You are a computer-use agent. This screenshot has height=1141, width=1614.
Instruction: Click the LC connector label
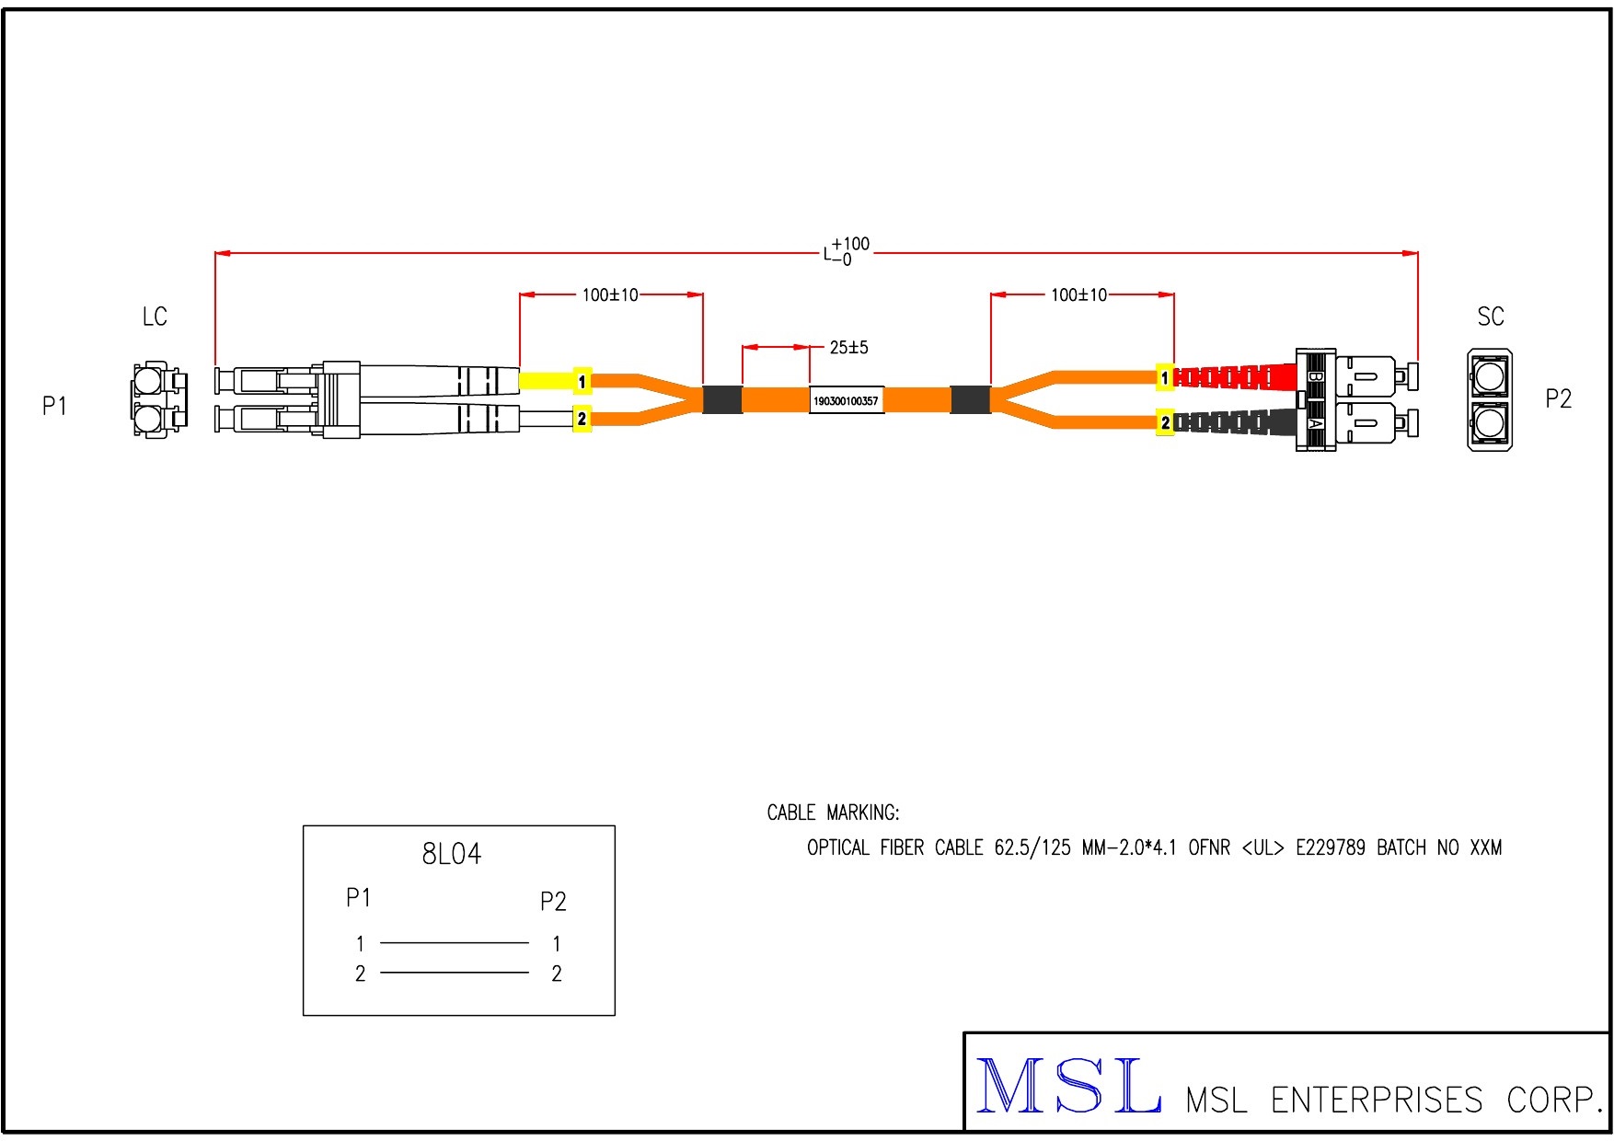click(155, 317)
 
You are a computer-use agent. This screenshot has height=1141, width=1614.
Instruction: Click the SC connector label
click(1490, 317)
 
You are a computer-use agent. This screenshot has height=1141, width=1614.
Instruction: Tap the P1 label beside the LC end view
click(54, 406)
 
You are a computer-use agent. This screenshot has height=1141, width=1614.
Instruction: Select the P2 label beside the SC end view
click(1558, 398)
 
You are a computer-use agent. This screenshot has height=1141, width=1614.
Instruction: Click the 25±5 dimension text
click(848, 348)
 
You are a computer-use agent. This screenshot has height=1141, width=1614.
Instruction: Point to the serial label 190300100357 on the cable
click(846, 401)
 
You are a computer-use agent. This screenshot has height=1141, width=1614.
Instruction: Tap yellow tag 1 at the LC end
click(582, 381)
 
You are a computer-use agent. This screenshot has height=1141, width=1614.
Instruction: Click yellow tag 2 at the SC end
click(1165, 423)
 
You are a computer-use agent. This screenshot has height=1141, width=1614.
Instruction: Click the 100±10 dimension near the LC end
click(610, 295)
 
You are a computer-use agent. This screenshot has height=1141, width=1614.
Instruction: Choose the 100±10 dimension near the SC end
click(1079, 295)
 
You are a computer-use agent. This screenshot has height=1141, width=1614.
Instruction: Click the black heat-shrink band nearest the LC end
click(722, 399)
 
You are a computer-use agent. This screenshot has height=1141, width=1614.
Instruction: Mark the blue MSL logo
click(1067, 1087)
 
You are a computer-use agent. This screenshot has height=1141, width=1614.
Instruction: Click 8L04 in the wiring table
click(451, 855)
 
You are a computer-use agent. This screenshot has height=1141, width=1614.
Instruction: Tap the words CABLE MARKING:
click(833, 813)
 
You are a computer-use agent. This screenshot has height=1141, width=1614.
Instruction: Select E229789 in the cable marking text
click(1330, 848)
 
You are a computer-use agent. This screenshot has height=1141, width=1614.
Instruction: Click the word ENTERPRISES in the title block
click(1377, 1101)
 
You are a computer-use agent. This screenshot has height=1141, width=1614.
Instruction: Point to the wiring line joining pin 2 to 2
click(455, 973)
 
